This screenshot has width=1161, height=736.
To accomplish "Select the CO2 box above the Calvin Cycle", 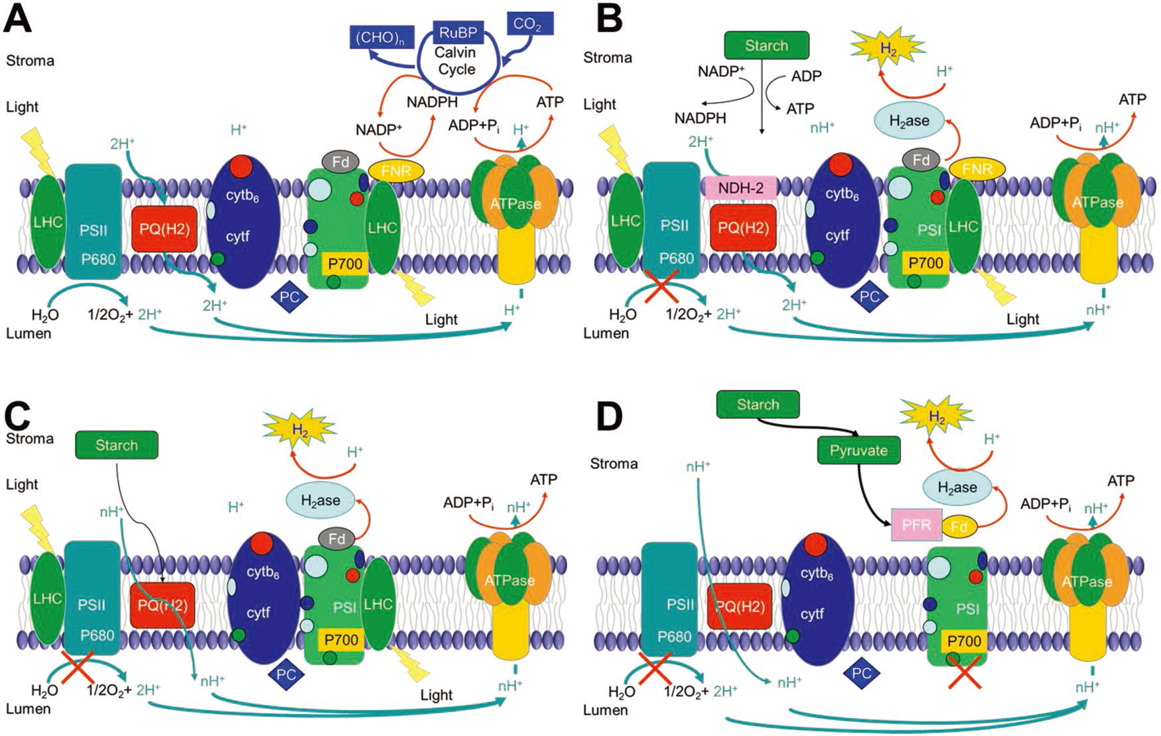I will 528,25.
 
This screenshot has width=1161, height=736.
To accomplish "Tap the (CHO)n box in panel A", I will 380,37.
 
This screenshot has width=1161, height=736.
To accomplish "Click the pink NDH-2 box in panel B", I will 741,188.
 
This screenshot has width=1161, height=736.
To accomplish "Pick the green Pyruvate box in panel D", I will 859,450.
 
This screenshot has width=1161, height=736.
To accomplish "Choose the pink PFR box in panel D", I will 916,525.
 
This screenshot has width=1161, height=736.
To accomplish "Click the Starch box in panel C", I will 117,445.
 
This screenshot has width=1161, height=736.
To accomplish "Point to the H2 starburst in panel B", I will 886,48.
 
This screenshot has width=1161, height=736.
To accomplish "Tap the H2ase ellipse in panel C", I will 321,501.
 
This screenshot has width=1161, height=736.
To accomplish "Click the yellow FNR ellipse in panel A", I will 396,171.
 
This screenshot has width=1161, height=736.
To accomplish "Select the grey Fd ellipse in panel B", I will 921,160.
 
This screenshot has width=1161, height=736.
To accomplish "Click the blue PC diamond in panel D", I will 861,674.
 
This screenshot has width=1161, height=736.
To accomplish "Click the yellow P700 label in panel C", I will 341,640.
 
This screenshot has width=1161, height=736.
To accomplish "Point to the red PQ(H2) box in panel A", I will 164,229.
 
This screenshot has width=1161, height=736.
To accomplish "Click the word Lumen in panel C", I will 28,709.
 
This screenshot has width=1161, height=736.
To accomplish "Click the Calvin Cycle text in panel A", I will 457,60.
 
